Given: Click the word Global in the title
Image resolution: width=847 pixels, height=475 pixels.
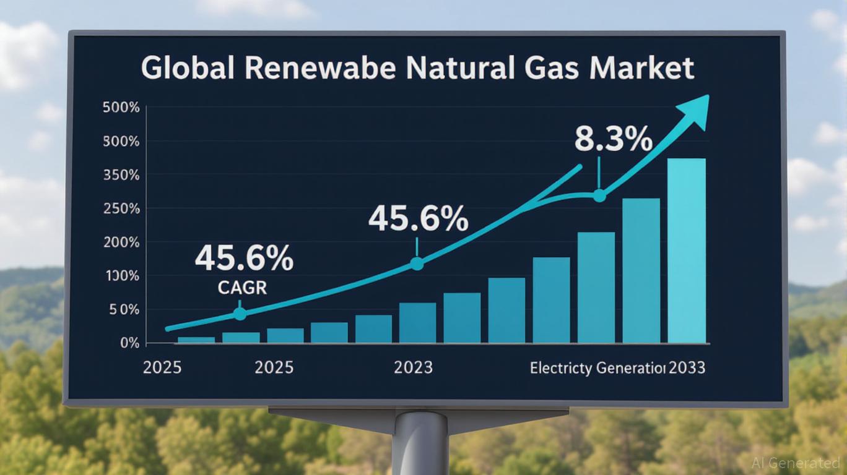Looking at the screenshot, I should coord(188,68).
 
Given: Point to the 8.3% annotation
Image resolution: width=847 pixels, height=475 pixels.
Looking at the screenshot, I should coord(613,140).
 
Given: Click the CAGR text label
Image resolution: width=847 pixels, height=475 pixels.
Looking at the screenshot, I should coord(243,288).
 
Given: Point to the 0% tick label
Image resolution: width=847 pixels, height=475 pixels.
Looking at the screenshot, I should coord(129,343).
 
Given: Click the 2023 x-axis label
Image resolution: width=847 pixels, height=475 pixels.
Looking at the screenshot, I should coord(413,368).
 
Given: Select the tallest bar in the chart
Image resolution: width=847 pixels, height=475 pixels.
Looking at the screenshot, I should coord(687,250).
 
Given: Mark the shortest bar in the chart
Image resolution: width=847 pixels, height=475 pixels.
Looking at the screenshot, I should coord(196,340).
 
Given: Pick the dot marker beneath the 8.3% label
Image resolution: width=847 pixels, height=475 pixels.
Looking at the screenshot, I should coord(599,195).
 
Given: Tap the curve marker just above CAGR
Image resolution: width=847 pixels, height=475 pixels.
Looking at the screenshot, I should coord(240,314).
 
